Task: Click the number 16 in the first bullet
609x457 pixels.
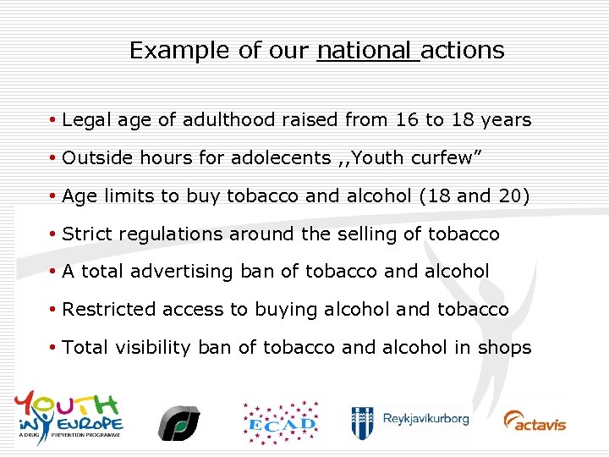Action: (x=406, y=120)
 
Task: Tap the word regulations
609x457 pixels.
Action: (x=172, y=234)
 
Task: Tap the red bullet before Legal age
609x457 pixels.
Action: (x=53, y=120)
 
